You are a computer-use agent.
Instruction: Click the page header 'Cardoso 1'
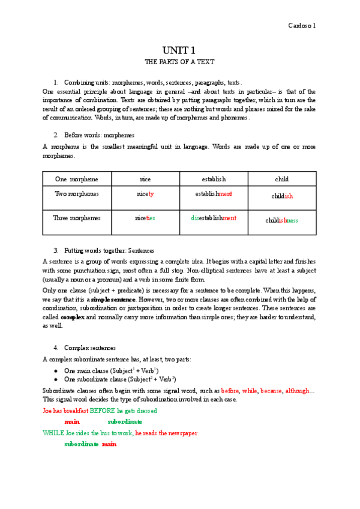(302, 25)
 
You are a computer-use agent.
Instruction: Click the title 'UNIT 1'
(179, 50)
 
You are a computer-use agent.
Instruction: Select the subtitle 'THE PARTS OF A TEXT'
(179, 62)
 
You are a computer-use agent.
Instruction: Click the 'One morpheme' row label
(77, 179)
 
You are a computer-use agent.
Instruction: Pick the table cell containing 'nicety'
(145, 194)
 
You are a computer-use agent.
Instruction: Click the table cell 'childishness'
(281, 220)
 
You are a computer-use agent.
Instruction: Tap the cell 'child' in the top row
(281, 179)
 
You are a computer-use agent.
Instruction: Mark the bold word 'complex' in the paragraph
(72, 317)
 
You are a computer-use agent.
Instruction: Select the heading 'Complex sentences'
(91, 348)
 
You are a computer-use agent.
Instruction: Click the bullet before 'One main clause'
(55, 371)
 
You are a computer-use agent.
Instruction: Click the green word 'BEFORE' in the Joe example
(106, 411)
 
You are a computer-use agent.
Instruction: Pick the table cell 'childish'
(281, 196)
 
